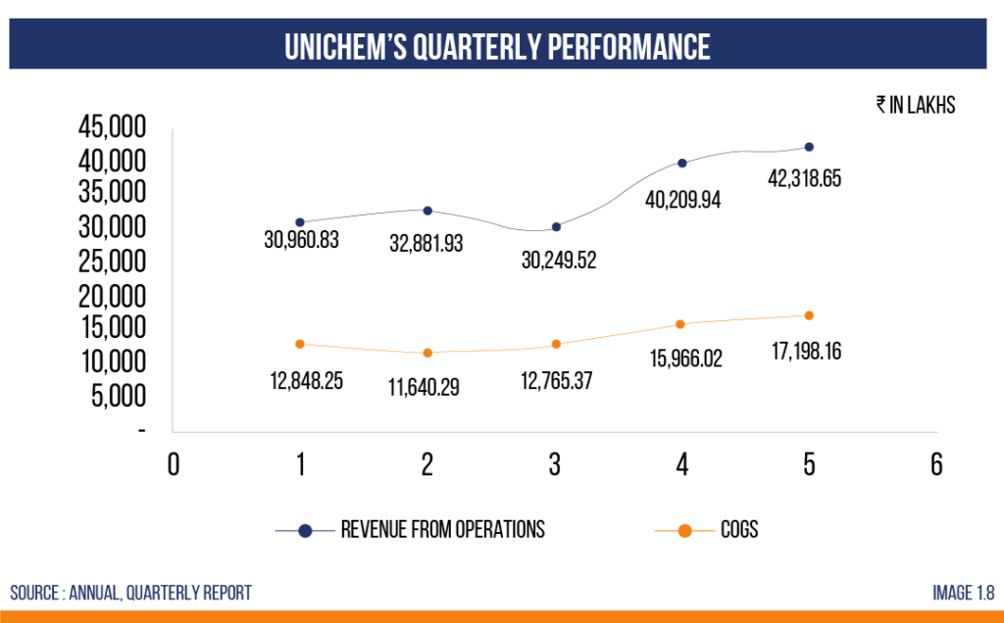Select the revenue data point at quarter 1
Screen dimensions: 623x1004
point(300,222)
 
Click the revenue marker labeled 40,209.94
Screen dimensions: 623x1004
point(682,163)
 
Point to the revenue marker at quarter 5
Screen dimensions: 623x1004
point(809,147)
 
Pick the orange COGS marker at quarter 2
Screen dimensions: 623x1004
point(427,353)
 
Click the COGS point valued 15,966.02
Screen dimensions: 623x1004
point(682,324)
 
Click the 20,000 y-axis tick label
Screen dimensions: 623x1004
point(111,296)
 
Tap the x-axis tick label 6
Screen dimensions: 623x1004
point(936,464)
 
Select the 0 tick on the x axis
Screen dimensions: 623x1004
point(174,464)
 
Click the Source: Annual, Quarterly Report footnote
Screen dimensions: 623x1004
point(130,593)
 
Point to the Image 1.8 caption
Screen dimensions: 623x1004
point(963,593)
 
